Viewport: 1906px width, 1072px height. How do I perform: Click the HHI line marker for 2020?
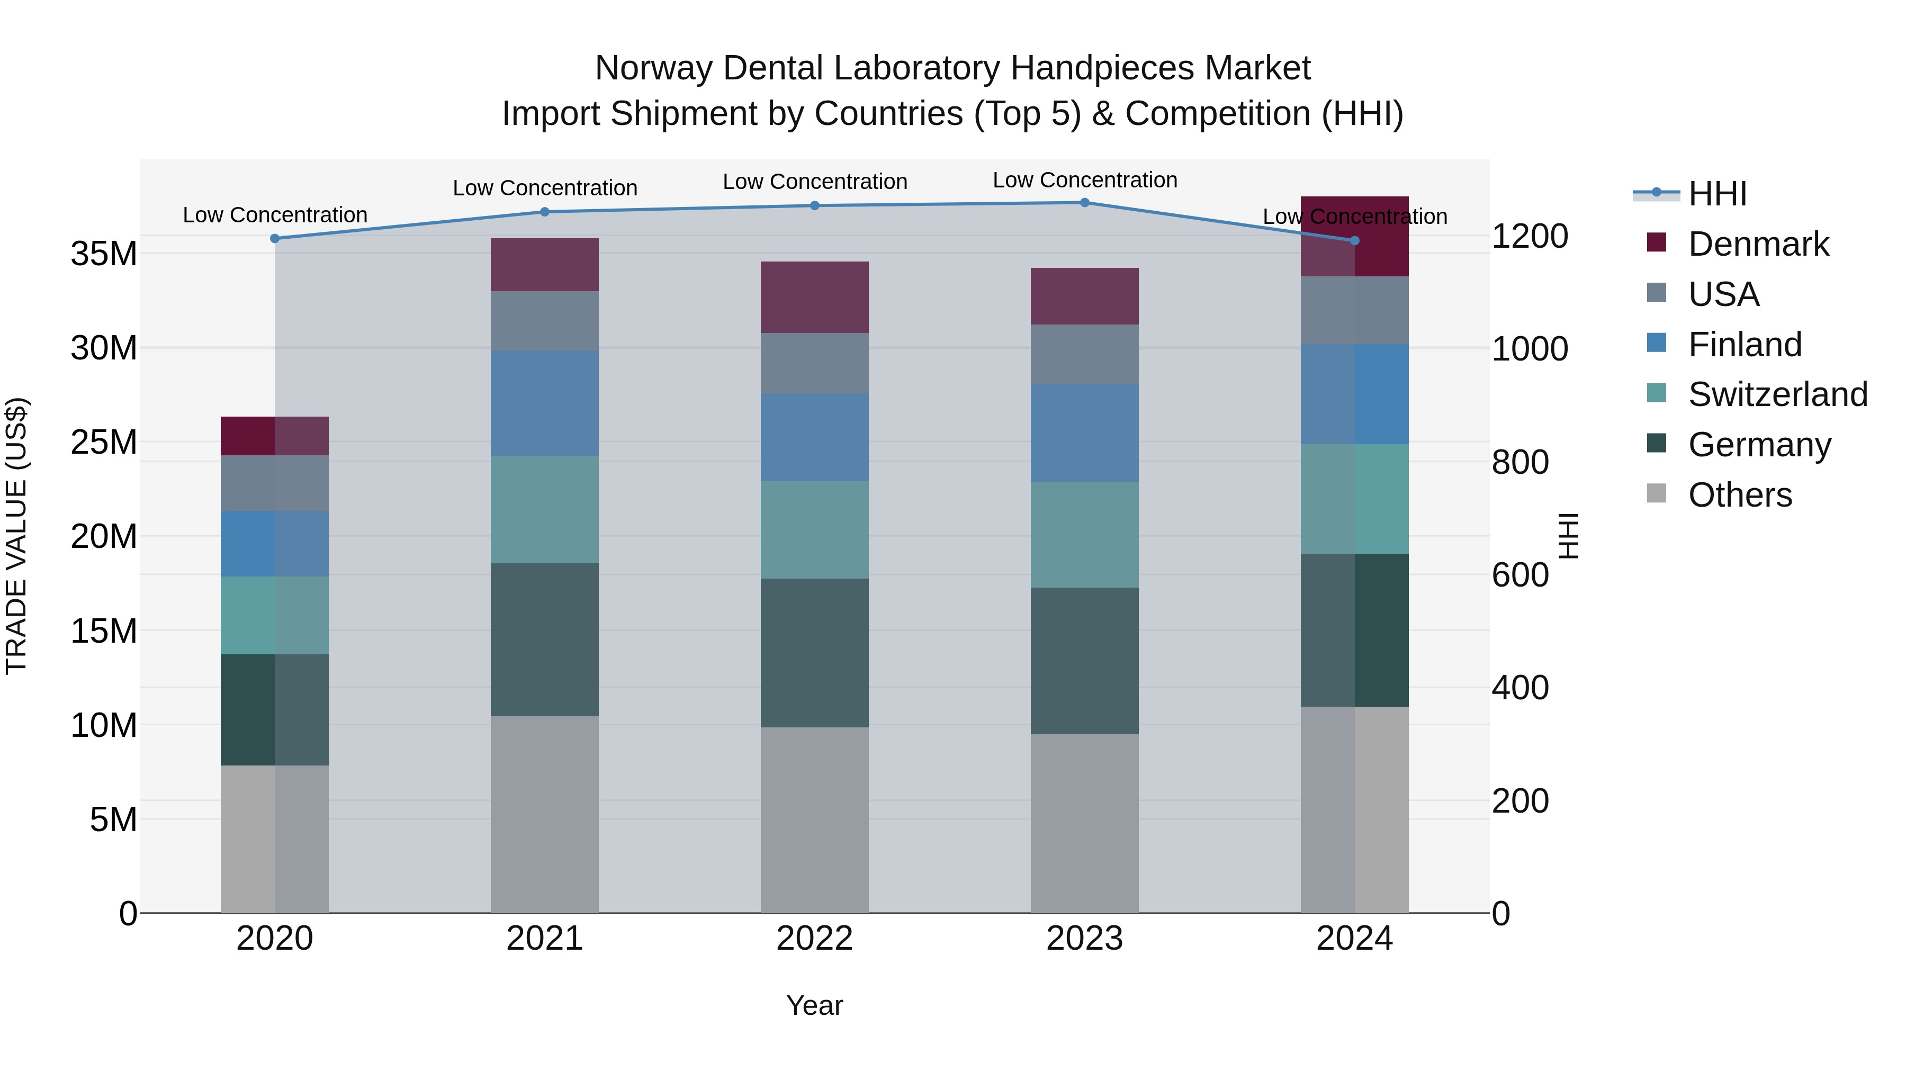click(274, 238)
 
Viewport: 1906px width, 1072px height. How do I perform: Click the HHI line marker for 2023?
click(1085, 202)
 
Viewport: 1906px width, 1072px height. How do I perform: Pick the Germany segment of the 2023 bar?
click(1085, 661)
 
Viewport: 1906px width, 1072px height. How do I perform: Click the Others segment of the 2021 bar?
click(545, 814)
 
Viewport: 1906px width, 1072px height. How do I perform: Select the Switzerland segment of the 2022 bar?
click(815, 530)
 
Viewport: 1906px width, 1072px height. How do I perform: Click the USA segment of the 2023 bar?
click(1085, 354)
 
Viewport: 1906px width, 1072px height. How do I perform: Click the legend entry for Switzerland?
click(1777, 394)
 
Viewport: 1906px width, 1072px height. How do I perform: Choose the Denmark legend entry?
click(1758, 244)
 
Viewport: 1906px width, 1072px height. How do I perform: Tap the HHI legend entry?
click(1716, 194)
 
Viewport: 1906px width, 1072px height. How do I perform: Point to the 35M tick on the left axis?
click(104, 254)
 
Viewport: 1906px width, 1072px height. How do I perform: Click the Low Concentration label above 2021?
click(545, 188)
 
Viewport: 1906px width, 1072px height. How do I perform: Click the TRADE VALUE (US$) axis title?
click(16, 536)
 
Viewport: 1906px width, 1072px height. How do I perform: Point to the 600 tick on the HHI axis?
click(1520, 575)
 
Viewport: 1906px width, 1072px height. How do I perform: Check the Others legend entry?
click(1740, 495)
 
